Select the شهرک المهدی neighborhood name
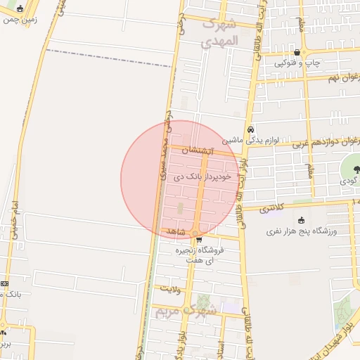(220, 32)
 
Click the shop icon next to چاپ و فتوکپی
(297, 52)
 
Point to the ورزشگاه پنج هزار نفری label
(302, 231)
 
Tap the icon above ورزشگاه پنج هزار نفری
(302, 220)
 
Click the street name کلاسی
(271, 209)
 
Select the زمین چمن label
(20, 20)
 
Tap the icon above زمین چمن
(19, 9)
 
